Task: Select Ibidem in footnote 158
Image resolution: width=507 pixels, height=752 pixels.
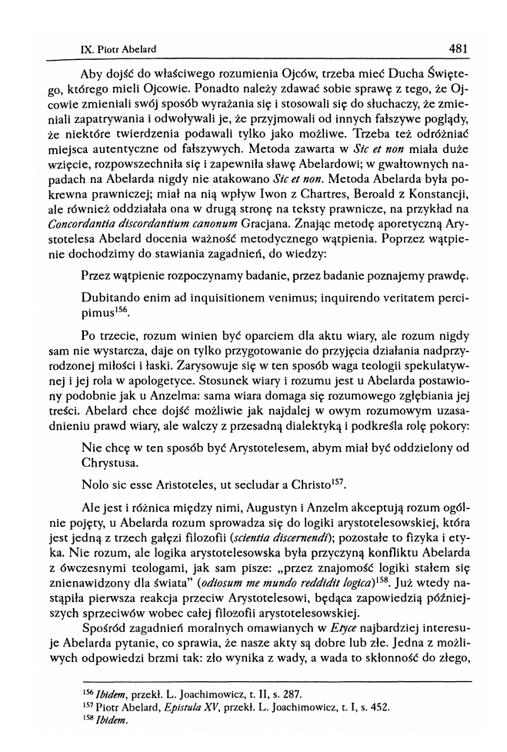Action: tap(108, 721)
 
